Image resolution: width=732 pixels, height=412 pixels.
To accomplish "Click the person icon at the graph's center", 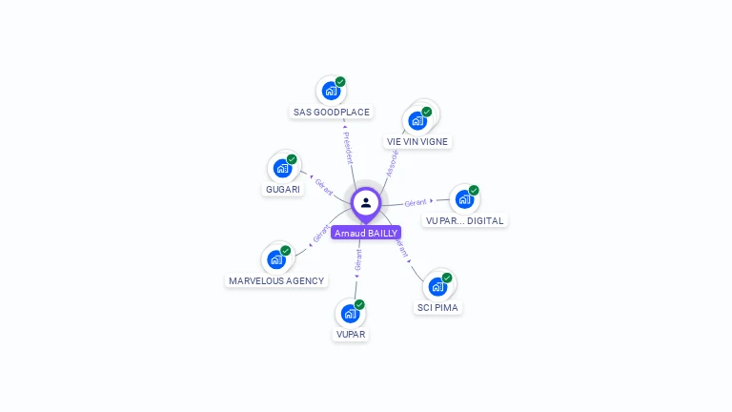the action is (366, 202).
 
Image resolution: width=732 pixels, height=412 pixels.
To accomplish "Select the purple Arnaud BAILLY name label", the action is (366, 233).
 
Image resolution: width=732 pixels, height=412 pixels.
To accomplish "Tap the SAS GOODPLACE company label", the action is (331, 112).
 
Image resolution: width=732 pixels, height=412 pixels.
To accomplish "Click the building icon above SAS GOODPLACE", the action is (331, 92).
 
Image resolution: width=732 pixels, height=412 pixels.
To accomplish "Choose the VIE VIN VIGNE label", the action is (417, 141).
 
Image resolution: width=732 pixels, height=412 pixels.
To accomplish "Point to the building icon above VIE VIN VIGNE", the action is (417, 121).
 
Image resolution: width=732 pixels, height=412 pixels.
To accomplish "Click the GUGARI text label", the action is (283, 189).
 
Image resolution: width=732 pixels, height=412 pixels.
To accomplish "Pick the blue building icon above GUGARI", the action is (282, 169).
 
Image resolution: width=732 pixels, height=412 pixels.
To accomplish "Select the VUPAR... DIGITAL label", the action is (465, 220).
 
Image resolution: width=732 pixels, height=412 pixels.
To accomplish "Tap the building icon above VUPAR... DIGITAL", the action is (464, 199).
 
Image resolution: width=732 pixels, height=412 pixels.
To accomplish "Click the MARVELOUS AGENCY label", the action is (276, 280).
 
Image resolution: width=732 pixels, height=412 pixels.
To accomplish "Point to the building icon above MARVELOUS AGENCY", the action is (276, 259).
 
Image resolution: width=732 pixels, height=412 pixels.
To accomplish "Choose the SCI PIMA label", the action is (438, 307).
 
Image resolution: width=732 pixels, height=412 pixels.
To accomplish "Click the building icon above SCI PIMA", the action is (437, 286).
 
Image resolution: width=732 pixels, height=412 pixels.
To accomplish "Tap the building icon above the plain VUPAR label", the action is (351, 313).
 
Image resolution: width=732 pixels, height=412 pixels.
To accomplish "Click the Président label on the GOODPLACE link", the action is (348, 148).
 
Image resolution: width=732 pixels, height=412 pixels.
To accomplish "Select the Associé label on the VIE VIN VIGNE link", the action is (391, 162).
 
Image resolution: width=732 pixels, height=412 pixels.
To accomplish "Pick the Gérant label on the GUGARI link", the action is (324, 186).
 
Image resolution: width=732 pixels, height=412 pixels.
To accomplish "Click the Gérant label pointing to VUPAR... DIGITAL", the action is (416, 203).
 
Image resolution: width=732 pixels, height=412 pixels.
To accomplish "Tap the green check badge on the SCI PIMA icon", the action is (447, 278).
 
